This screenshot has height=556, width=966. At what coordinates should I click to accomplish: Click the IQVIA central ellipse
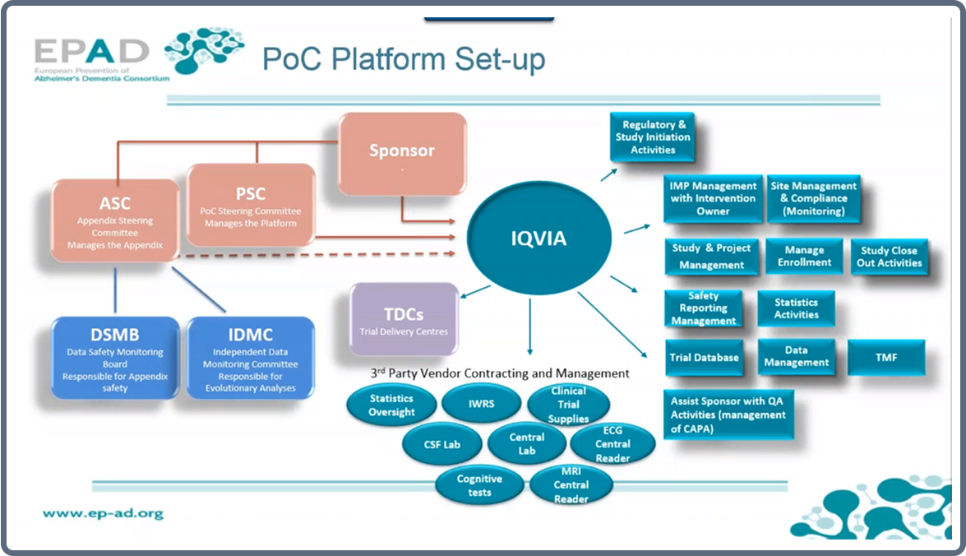(x=539, y=239)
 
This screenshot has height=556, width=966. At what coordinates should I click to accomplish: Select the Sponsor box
(x=403, y=153)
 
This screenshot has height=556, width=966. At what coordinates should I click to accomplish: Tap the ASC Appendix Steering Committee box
(x=116, y=220)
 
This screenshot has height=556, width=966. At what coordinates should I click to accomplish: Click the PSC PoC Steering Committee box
(x=252, y=205)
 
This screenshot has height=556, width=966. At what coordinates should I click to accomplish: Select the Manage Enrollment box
(x=805, y=257)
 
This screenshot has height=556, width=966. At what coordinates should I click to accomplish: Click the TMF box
(x=886, y=358)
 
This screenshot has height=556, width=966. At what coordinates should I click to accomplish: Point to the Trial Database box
(x=705, y=358)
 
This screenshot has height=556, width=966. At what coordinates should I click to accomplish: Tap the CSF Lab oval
(x=441, y=445)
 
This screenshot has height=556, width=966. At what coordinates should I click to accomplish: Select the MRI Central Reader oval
(x=571, y=485)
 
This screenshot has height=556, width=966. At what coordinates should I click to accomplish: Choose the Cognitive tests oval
(x=479, y=485)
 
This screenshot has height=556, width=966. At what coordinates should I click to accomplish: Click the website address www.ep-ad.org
(x=103, y=513)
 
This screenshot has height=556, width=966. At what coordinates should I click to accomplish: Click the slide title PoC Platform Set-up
(x=403, y=60)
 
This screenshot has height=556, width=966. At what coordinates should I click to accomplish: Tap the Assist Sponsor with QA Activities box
(x=728, y=415)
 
